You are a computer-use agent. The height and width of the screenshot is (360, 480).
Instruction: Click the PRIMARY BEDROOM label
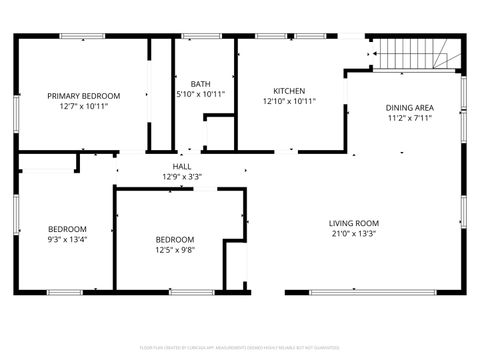click(84, 96)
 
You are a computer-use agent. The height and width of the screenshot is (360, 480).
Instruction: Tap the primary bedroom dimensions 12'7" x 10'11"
click(84, 105)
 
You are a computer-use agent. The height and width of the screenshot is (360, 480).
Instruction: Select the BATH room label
click(200, 85)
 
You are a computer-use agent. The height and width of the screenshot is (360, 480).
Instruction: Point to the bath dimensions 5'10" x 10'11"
click(200, 94)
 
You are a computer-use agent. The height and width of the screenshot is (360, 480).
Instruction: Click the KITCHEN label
click(289, 91)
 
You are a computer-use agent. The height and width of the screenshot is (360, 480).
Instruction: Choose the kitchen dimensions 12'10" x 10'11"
click(289, 101)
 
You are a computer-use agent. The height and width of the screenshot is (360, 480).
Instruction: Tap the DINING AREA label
click(410, 107)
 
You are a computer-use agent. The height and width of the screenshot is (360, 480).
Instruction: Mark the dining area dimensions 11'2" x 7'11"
click(410, 117)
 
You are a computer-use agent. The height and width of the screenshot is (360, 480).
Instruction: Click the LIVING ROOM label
click(354, 223)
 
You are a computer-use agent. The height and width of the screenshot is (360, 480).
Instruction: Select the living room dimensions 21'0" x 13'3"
click(354, 235)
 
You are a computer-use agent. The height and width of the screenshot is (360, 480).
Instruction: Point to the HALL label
click(182, 167)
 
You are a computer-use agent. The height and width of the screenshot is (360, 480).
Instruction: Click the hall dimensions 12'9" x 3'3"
click(182, 177)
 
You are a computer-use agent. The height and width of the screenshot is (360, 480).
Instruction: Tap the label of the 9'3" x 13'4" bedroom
click(68, 228)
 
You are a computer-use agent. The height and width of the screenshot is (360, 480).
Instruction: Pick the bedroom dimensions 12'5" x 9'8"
click(175, 250)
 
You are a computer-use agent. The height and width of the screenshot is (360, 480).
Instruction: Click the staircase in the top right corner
click(419, 54)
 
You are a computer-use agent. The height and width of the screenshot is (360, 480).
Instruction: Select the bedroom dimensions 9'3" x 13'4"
click(68, 239)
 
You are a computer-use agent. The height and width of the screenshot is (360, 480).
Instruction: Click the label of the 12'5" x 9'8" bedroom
click(175, 239)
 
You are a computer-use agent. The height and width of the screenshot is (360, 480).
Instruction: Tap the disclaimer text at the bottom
click(239, 348)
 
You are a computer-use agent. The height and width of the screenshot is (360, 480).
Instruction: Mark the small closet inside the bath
click(218, 132)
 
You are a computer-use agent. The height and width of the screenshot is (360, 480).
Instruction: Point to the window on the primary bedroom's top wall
click(83, 37)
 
